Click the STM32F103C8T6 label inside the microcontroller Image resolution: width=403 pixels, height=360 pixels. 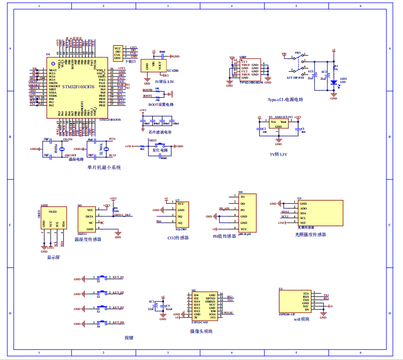click(x=78, y=87)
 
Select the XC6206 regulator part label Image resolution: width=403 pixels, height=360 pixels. click(x=172, y=70)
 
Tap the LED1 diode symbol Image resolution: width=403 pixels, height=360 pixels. click(x=334, y=82)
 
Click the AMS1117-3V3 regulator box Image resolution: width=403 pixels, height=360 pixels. click(x=278, y=124)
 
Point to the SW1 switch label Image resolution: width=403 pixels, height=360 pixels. click(x=298, y=53)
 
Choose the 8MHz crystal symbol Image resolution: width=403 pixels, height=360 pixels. click(x=61, y=149)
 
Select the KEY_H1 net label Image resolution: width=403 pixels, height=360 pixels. click(x=118, y=278)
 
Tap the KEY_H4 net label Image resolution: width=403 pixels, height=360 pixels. click(x=118, y=322)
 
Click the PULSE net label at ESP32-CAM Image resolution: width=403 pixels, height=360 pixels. click(x=228, y=313)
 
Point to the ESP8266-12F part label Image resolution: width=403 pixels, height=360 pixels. click(x=287, y=314)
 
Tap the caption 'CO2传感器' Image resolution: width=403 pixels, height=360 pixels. click(x=178, y=237)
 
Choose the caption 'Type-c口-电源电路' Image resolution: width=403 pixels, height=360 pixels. click(x=285, y=99)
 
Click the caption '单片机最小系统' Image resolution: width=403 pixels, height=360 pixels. click(x=104, y=167)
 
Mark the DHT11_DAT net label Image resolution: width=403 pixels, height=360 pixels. click(x=122, y=215)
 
